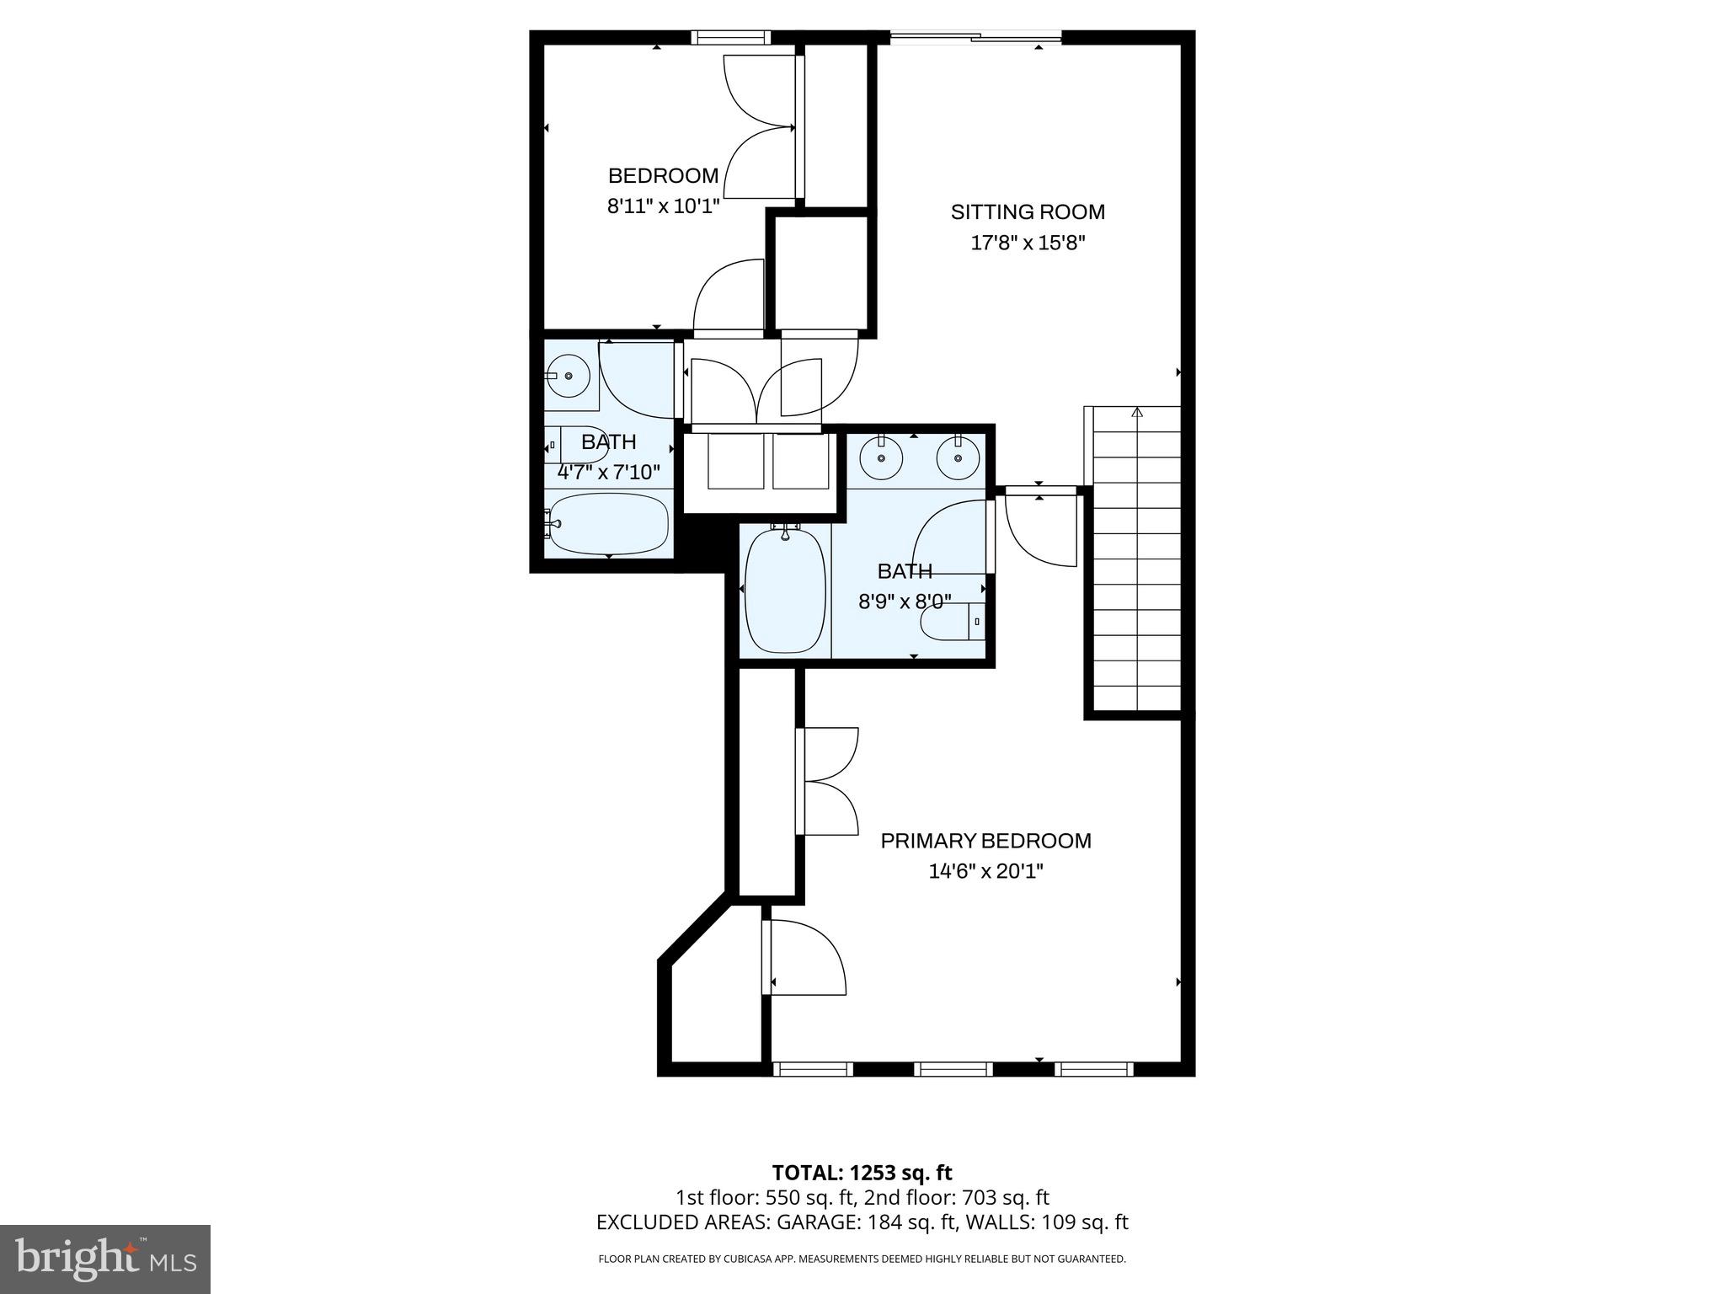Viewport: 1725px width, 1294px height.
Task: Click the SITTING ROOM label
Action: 1028,212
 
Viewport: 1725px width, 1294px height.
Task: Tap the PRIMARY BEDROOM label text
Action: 985,841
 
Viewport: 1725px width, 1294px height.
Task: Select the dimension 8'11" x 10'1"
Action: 663,206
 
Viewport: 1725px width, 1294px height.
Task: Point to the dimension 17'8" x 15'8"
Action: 1028,243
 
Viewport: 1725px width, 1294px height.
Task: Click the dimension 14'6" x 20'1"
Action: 985,871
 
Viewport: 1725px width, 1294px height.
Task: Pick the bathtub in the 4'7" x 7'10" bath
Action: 608,524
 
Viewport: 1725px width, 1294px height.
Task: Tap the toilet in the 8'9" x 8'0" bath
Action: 950,622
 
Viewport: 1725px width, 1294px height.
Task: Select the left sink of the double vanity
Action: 881,457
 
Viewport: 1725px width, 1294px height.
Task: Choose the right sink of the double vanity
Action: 958,457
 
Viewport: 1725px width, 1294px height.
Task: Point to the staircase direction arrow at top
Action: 1137,412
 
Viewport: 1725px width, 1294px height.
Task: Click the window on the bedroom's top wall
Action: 730,37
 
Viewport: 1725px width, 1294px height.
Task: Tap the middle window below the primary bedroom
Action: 953,1069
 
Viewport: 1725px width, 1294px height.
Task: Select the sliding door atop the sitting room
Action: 975,36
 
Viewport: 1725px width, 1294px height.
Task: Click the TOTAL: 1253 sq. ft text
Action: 862,1173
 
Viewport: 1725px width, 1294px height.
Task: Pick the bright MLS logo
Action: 105,1259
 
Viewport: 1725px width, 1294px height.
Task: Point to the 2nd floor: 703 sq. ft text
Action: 955,1197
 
